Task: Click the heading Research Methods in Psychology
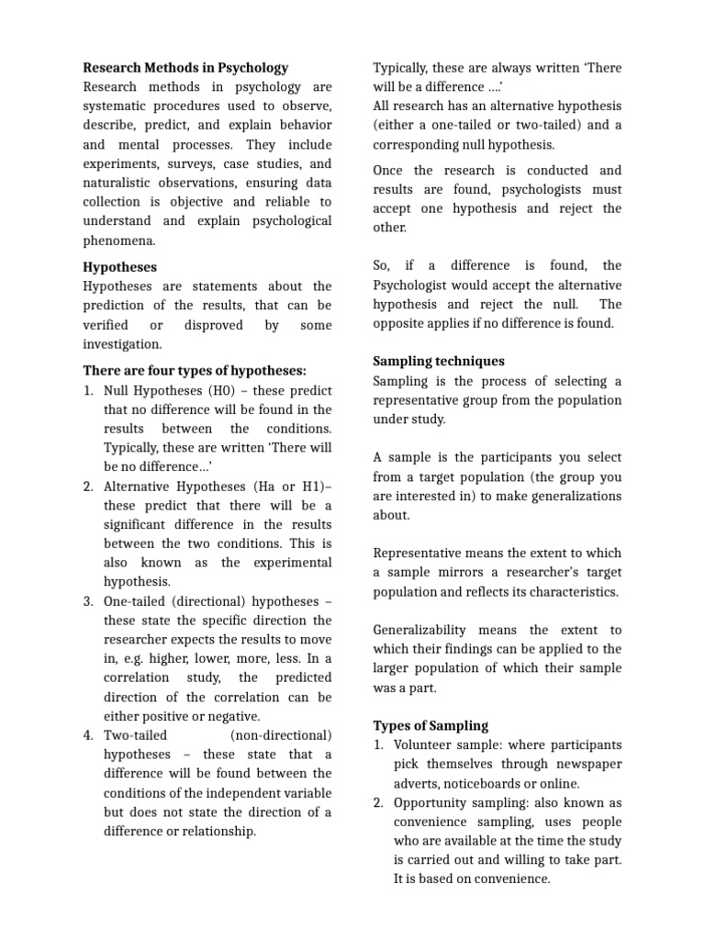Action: tap(185, 67)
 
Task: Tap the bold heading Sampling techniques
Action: tap(439, 361)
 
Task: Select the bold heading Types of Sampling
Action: tap(431, 725)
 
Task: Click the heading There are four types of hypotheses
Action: tap(195, 370)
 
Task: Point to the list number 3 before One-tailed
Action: tap(89, 601)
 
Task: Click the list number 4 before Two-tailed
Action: tap(89, 735)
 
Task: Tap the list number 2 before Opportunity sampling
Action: tap(378, 802)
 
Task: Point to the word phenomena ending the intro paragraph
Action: tap(119, 241)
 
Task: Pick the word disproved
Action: tap(213, 325)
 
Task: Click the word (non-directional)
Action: tap(281, 735)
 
